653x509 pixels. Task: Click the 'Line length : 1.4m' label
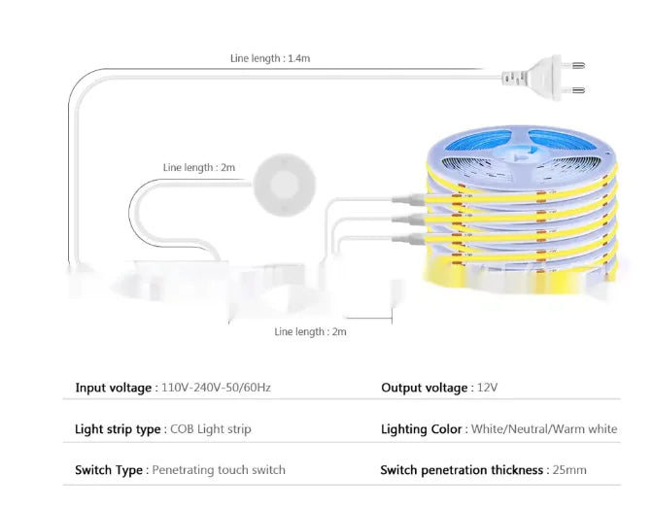point(270,58)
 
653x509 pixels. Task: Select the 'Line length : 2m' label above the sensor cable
point(199,168)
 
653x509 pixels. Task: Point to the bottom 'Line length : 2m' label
point(311,332)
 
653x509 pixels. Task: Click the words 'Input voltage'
point(113,389)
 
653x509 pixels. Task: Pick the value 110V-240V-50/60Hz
point(215,389)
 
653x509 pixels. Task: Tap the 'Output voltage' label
point(424,389)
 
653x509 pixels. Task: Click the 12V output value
point(487,389)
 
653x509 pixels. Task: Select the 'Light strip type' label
point(118,429)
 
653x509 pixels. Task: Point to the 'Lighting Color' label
point(422,429)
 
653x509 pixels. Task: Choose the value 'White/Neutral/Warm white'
point(544,429)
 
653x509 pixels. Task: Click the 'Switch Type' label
point(109,470)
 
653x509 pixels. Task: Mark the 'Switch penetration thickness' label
point(461,470)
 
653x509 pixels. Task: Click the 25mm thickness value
point(568,470)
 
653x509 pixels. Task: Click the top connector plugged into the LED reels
point(411,197)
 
